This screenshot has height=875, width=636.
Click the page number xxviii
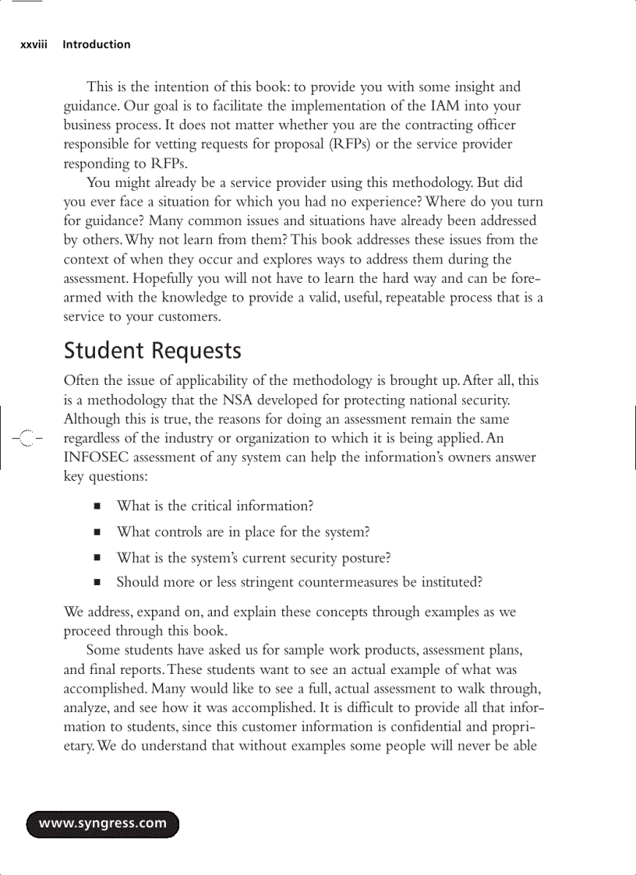click(x=34, y=45)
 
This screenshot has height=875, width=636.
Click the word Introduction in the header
click(x=97, y=45)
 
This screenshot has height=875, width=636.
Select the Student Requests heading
click(x=153, y=351)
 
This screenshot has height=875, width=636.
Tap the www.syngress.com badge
click(x=103, y=824)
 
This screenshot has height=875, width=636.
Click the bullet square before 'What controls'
click(x=97, y=533)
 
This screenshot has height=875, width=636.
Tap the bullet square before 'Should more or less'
click(x=97, y=582)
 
